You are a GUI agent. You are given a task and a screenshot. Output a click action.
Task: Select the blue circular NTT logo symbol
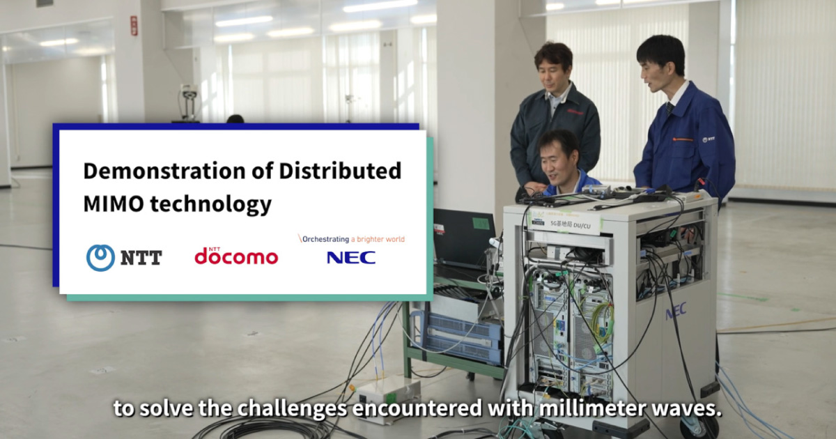coord(100,258)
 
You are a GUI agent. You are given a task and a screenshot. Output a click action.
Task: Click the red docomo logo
coord(236,256)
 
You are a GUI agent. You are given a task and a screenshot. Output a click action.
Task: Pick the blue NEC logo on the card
coord(351,258)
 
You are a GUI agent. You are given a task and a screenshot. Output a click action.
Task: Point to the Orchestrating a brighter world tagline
coord(351,239)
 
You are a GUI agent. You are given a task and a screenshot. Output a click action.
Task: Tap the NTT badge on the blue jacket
coord(709,139)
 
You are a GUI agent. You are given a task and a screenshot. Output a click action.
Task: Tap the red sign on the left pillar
coord(134,26)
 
